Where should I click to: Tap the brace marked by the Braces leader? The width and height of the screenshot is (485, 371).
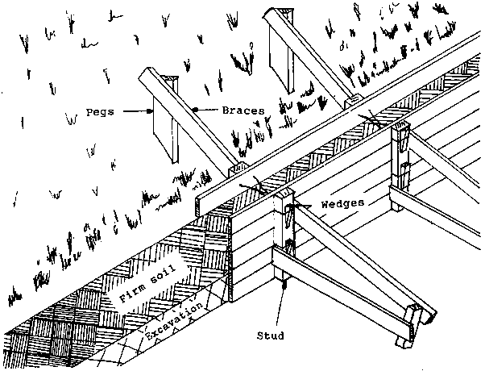189,121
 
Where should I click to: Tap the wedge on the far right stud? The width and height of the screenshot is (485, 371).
402,145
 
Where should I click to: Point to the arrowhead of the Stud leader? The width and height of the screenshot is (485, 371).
284,284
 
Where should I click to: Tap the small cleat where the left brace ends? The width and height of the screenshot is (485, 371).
236,170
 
